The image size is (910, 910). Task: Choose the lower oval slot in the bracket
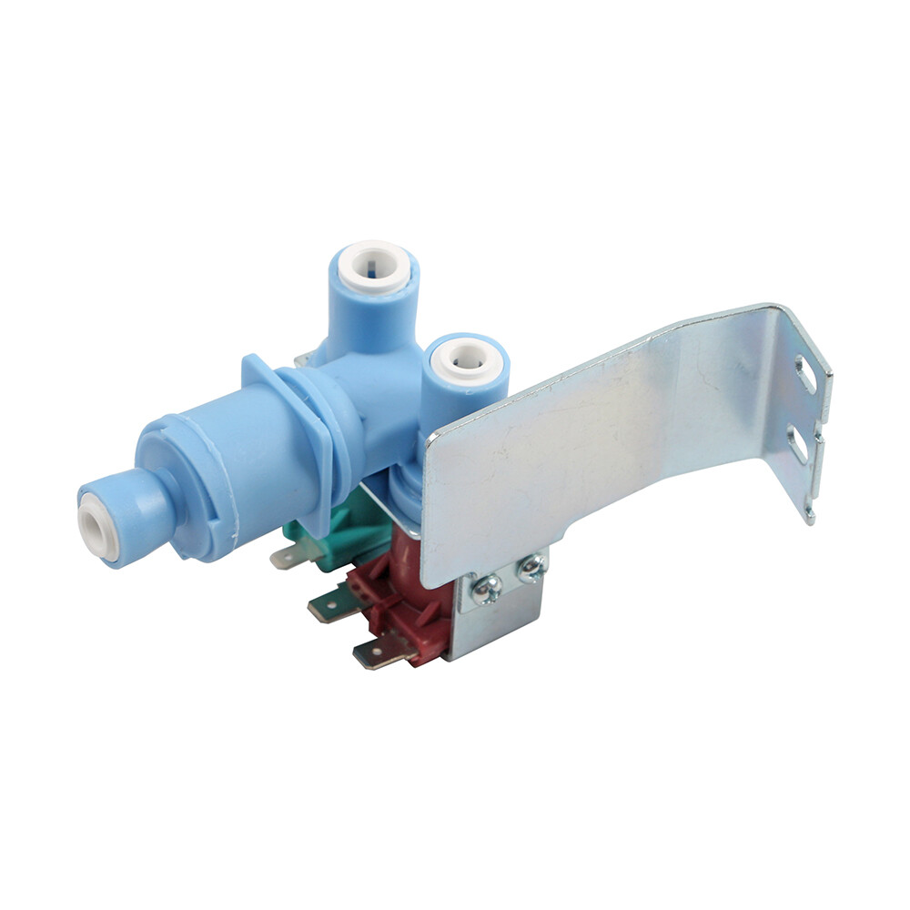(797, 446)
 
